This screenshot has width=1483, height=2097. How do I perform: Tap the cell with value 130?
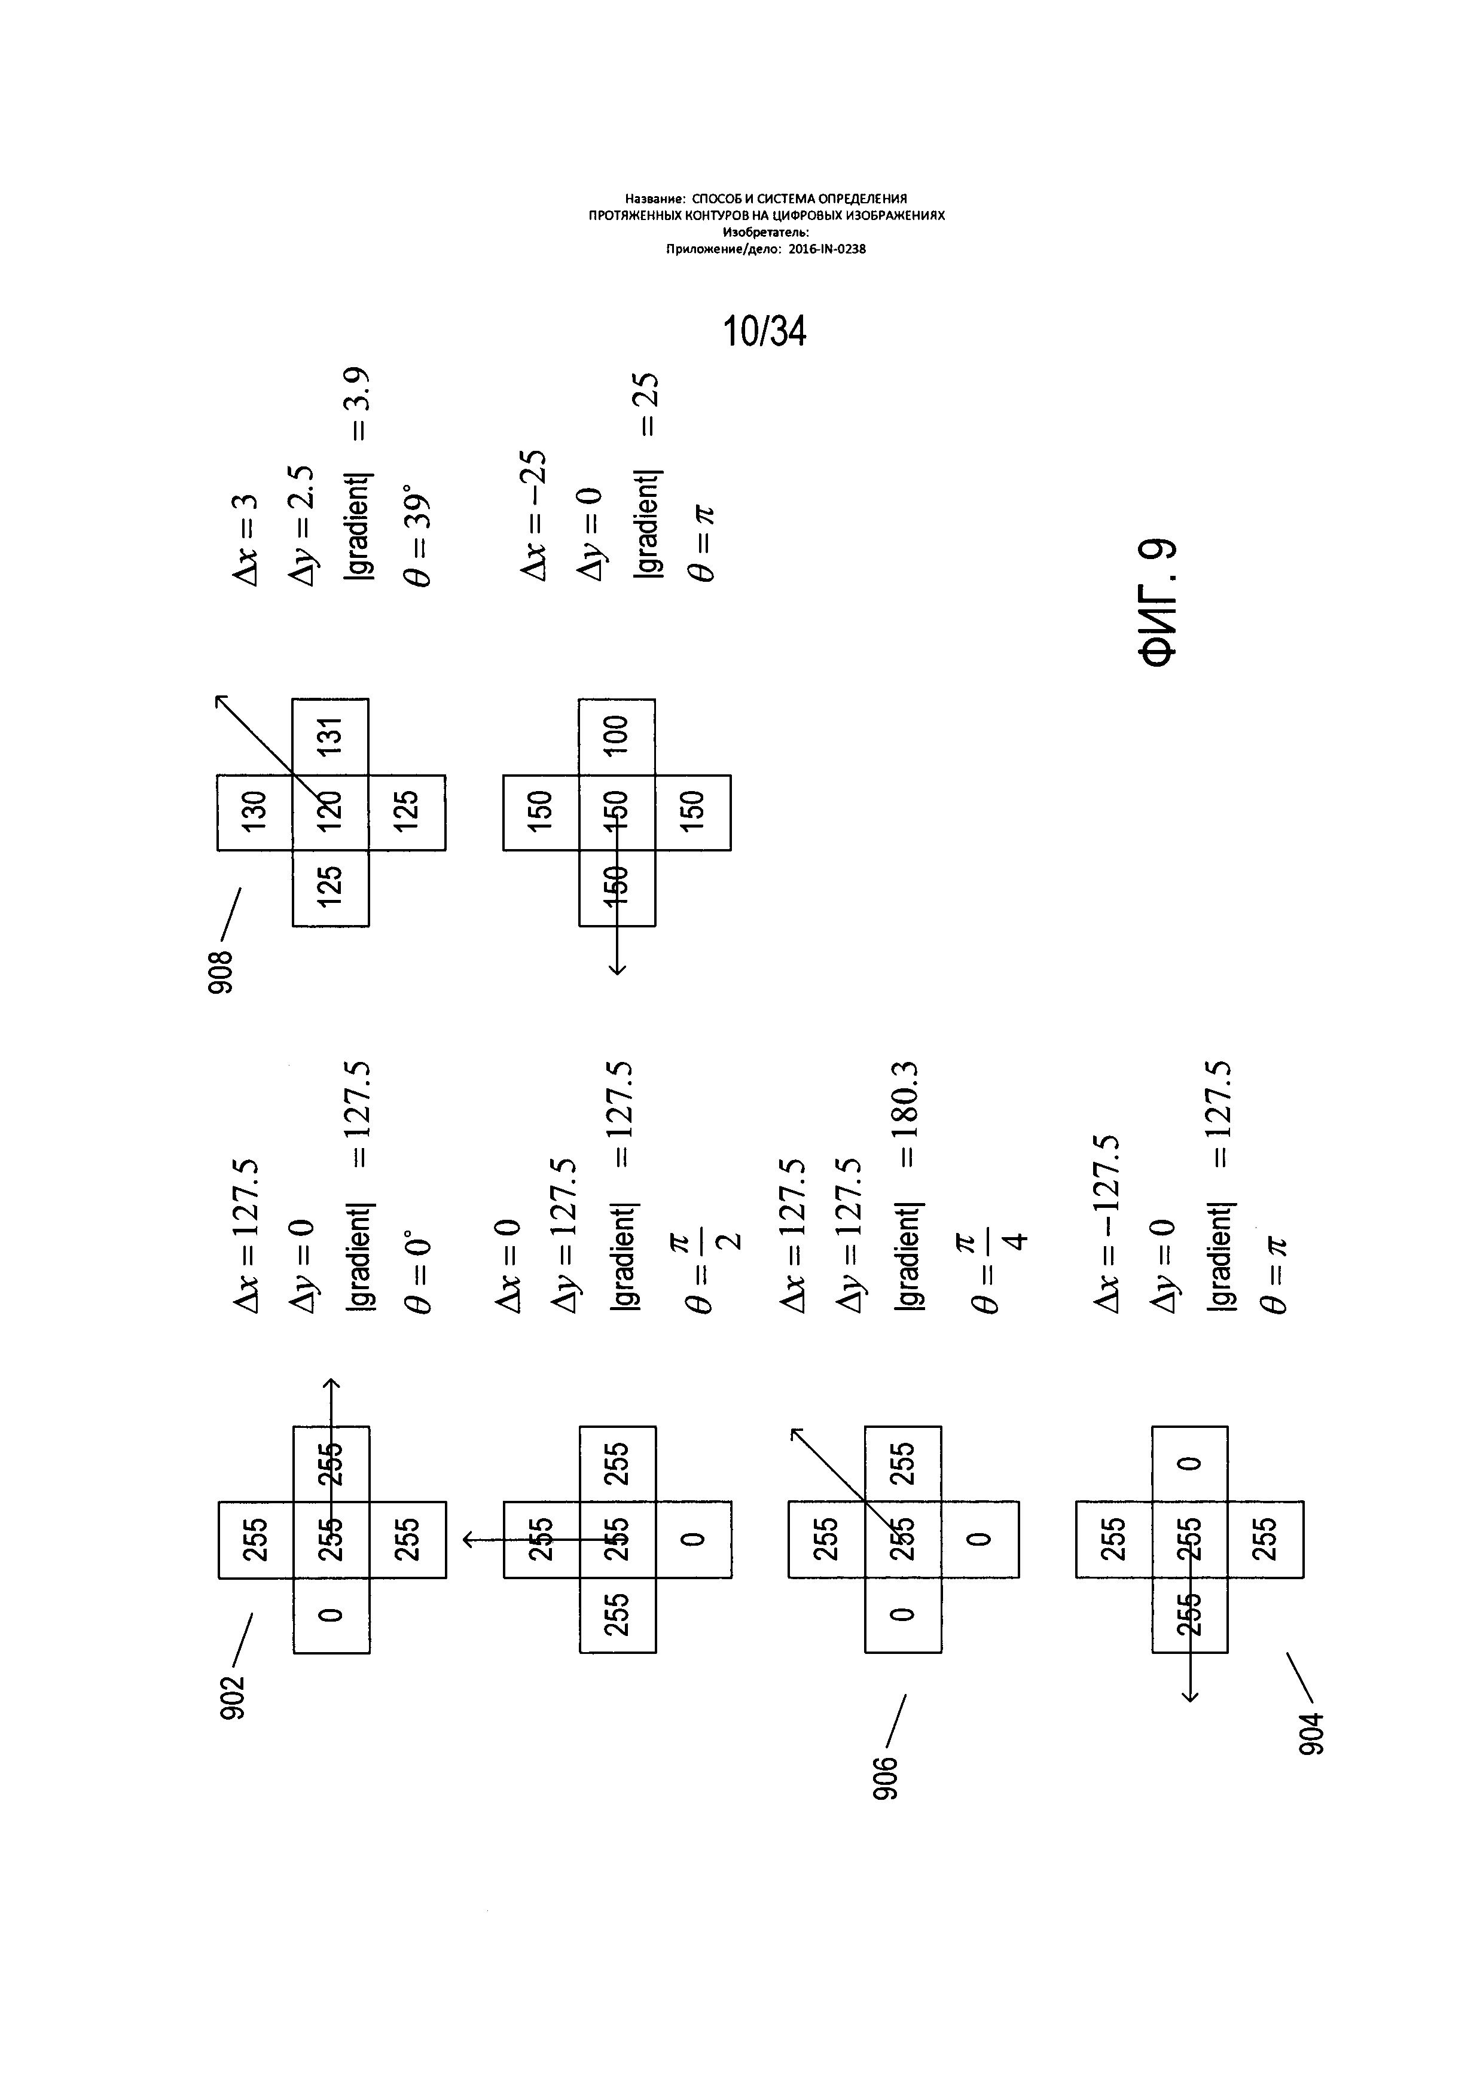pyautogui.click(x=255, y=812)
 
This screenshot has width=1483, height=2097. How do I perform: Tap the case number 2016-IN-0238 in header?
pyautogui.click(x=826, y=248)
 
